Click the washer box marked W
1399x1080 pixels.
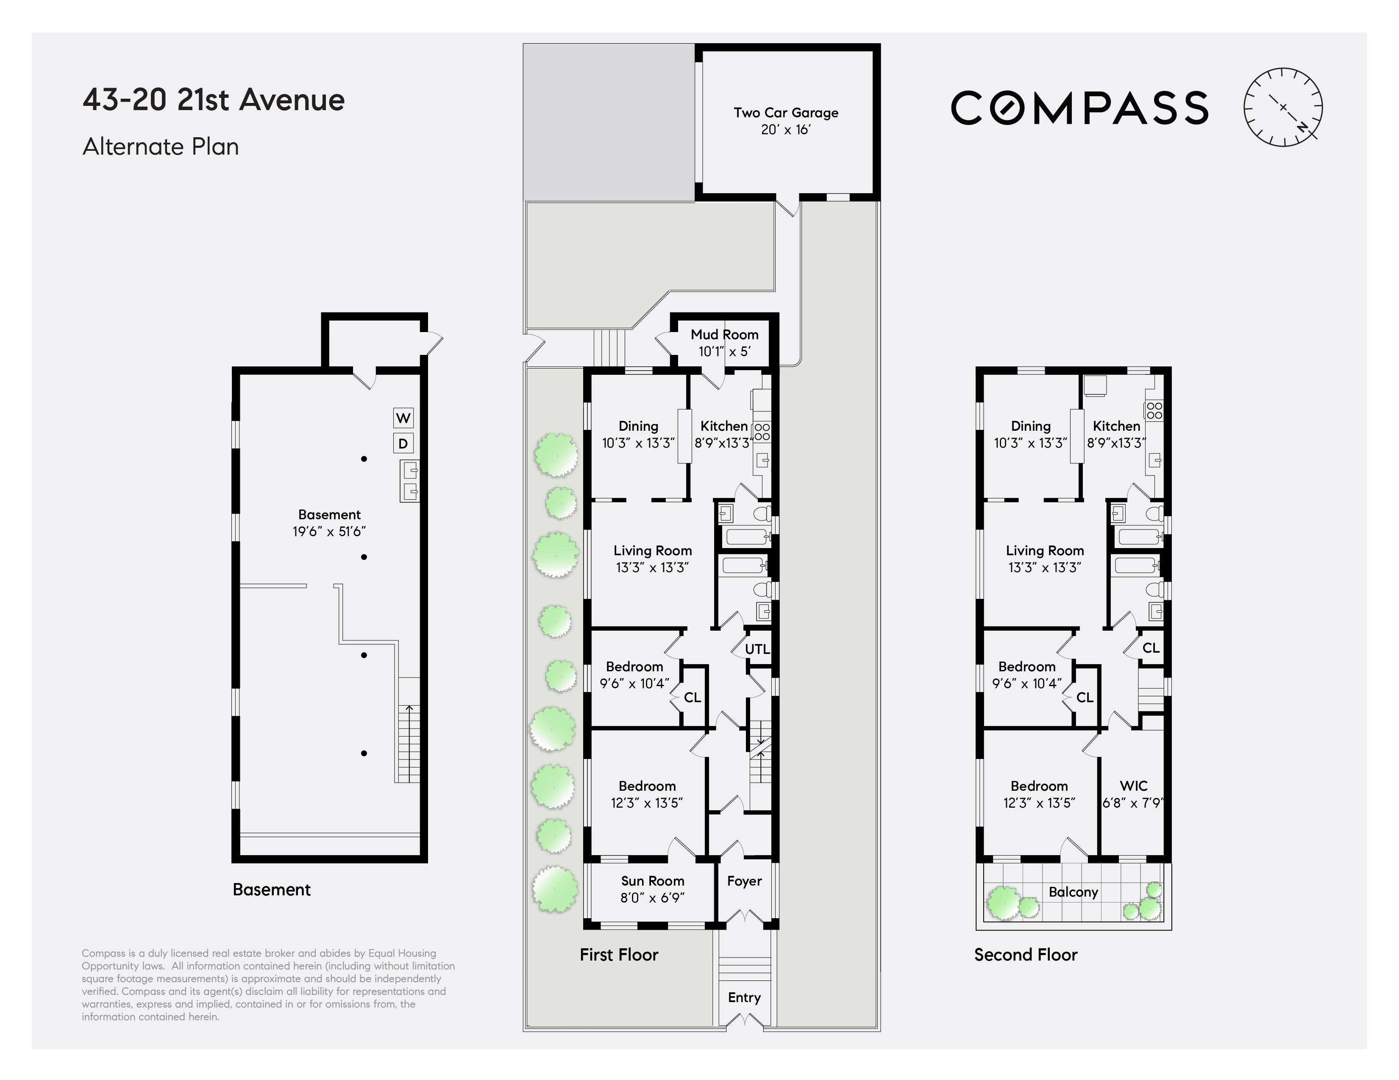(403, 418)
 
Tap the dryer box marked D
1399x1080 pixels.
(403, 443)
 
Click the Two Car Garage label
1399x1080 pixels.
(786, 113)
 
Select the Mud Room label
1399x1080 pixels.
(724, 334)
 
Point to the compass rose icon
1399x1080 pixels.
(1283, 107)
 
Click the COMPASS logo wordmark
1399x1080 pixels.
(1079, 108)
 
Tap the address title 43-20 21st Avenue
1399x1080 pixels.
(213, 100)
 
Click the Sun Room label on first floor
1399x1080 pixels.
(653, 881)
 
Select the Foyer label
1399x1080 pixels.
(744, 881)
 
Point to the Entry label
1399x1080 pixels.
(744, 997)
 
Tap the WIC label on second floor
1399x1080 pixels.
(1134, 786)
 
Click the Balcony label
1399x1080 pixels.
(1074, 892)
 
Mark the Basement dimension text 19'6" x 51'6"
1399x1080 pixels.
(329, 532)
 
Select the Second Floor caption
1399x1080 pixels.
(1026, 955)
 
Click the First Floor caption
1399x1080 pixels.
(619, 955)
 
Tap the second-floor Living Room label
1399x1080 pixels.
(1045, 551)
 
